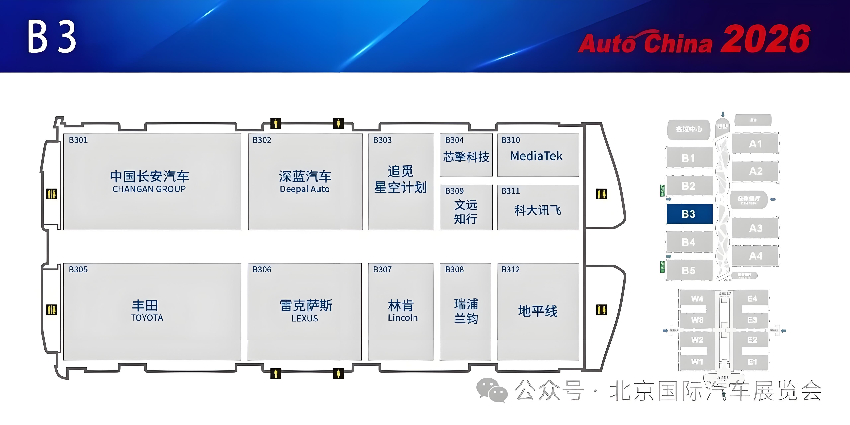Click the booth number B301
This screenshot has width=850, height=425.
78,140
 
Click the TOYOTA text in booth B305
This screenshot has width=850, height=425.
147,318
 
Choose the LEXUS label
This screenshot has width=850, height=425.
305,318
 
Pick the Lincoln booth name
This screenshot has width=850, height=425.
403,318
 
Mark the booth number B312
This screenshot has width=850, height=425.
510,270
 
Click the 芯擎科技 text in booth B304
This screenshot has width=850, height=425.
466,157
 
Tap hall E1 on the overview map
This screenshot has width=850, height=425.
752,362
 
